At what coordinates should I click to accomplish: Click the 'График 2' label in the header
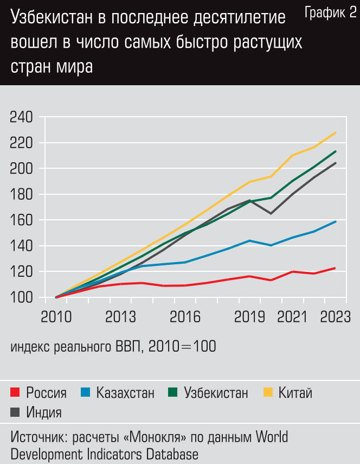pyautogui.click(x=330, y=14)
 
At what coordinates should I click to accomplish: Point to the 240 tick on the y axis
pyautogui.click(x=21, y=117)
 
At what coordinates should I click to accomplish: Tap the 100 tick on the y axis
pyautogui.click(x=21, y=297)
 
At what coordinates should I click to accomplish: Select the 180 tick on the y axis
pyautogui.click(x=21, y=194)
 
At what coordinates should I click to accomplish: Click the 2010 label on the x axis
pyautogui.click(x=56, y=317)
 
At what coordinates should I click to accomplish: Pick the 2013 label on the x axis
pyautogui.click(x=120, y=317)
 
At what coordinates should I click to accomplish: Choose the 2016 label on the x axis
pyautogui.click(x=185, y=317)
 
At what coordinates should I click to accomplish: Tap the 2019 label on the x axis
pyautogui.click(x=249, y=317)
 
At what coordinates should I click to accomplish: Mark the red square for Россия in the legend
pyautogui.click(x=16, y=392)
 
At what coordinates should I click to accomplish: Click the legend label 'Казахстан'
pyautogui.click(x=125, y=392)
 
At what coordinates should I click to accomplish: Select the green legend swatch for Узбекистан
pyautogui.click(x=173, y=392)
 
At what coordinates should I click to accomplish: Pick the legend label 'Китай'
pyautogui.click(x=295, y=392)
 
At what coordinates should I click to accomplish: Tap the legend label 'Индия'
pyautogui.click(x=44, y=412)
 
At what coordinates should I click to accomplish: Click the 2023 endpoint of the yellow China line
pyautogui.click(x=336, y=132)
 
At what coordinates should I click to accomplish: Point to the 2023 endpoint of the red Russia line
pyautogui.click(x=336, y=268)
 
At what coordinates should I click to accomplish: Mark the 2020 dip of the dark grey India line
pyautogui.click(x=271, y=213)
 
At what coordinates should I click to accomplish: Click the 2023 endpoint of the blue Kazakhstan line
pyautogui.click(x=336, y=221)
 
